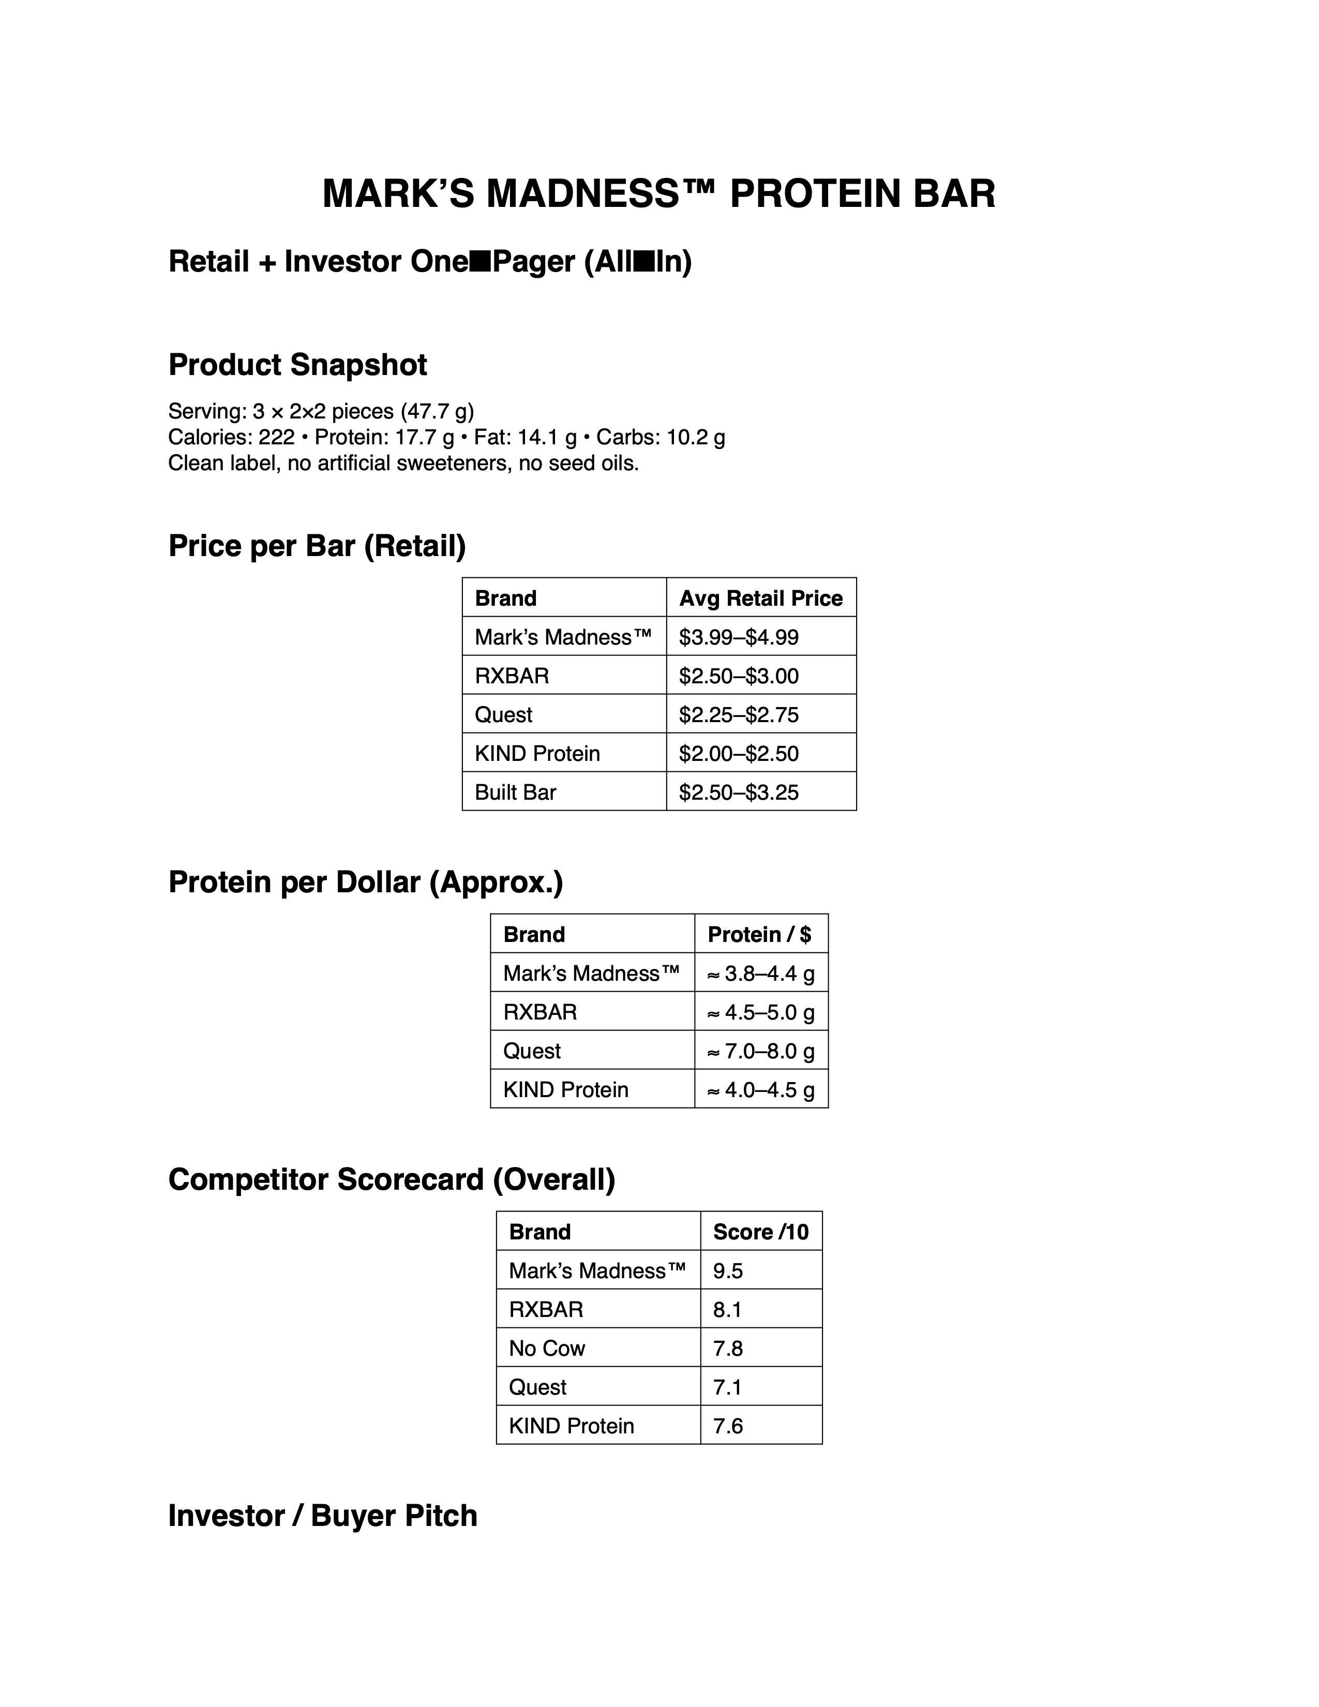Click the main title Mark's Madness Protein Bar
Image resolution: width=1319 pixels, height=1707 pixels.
(658, 194)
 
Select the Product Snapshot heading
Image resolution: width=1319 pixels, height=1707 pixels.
(298, 365)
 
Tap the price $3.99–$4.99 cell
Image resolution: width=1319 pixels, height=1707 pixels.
(739, 637)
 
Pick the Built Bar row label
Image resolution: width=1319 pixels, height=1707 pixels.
(516, 792)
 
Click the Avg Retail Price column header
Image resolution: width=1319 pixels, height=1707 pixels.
(760, 598)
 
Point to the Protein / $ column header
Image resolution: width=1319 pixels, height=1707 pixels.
(759, 935)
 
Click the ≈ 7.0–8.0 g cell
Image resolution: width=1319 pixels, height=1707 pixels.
(760, 1051)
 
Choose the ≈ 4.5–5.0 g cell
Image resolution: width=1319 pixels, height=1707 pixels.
(760, 1012)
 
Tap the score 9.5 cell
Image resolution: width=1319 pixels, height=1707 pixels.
(727, 1271)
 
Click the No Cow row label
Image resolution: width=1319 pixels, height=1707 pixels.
(547, 1348)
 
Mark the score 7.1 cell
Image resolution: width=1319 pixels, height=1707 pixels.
(727, 1387)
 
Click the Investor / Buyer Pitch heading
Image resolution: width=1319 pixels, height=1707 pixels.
(323, 1516)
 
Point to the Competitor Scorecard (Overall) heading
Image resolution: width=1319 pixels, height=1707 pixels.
(392, 1179)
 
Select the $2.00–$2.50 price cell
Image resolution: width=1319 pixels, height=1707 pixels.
(739, 754)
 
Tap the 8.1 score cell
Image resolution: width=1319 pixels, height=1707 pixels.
(727, 1310)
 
